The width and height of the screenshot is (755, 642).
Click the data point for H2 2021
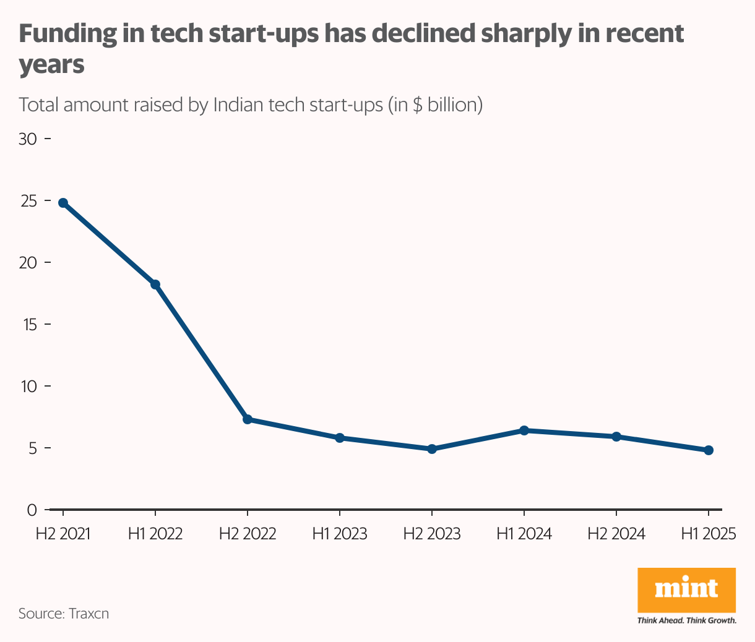click(x=63, y=203)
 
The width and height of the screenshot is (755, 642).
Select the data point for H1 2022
click(x=155, y=285)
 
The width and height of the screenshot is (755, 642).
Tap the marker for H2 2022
click(x=248, y=419)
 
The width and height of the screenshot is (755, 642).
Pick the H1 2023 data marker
click(x=340, y=438)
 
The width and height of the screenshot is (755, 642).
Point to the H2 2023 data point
click(x=432, y=449)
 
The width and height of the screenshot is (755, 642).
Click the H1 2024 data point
click(x=524, y=430)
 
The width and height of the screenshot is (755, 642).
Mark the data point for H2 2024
click(x=616, y=437)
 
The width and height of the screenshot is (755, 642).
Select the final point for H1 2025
click(x=709, y=450)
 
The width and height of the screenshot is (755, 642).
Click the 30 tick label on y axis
click(x=28, y=139)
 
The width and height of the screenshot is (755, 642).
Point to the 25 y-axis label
click(x=28, y=202)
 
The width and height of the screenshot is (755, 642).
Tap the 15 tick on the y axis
click(x=28, y=325)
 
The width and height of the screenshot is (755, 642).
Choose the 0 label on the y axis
click(x=32, y=510)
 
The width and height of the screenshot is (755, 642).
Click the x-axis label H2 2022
click(x=248, y=534)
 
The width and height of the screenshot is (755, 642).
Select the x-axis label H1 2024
click(x=524, y=534)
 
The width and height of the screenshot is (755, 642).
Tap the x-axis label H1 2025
click(x=709, y=534)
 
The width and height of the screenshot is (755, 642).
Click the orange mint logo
click(x=686, y=589)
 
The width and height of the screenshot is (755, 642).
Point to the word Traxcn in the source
click(x=89, y=614)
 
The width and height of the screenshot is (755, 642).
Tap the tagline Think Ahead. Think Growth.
click(x=686, y=620)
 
